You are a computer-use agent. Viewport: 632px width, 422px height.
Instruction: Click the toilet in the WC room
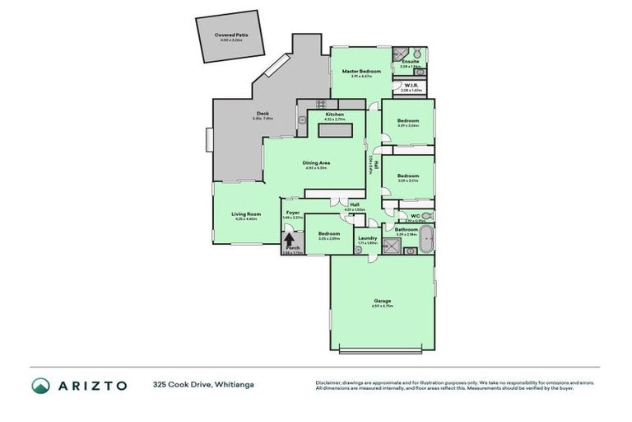click(426, 216)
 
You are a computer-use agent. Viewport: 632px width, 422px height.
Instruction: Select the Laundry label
click(367, 238)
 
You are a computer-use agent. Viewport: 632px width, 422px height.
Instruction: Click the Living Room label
click(246, 214)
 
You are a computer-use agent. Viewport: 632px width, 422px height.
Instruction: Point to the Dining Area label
click(316, 163)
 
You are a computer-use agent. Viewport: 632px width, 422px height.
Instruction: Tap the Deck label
click(263, 114)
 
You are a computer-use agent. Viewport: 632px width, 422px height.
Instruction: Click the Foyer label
click(292, 213)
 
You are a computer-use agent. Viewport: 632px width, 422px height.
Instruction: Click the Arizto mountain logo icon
click(40, 386)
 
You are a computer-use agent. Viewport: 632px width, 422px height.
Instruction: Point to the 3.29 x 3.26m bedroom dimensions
click(408, 126)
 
